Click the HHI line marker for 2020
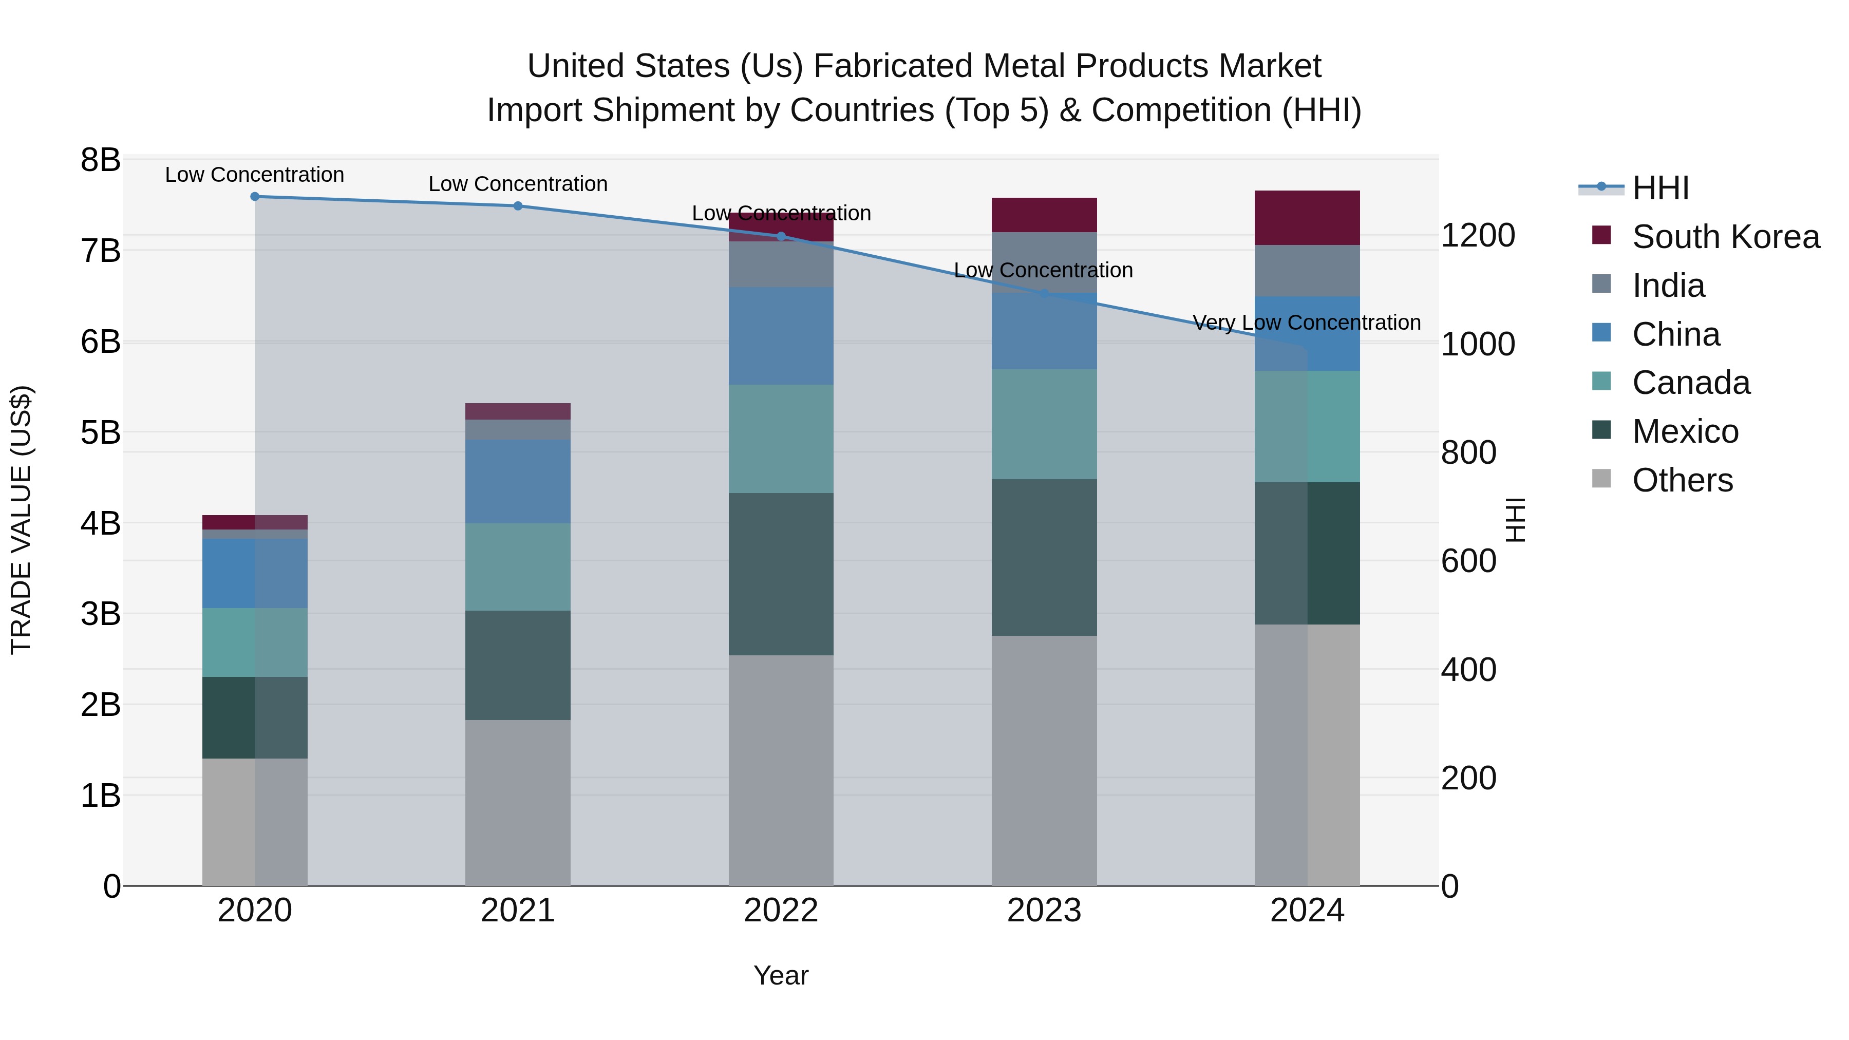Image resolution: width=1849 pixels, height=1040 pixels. point(255,196)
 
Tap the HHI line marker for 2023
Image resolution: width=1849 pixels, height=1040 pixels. point(1044,294)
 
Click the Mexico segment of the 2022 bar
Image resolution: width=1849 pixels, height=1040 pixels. point(781,574)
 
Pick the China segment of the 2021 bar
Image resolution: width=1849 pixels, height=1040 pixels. point(518,481)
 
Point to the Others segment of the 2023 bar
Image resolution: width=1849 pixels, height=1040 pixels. point(1044,760)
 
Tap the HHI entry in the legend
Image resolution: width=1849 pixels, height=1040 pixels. point(1659,188)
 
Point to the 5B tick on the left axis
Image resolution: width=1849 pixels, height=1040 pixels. point(101,433)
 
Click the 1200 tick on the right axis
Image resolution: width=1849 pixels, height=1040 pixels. point(1478,235)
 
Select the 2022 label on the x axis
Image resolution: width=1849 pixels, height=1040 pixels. point(781,910)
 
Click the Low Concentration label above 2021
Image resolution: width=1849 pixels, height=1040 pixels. point(518,184)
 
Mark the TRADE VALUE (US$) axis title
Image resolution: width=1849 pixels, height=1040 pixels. point(21,520)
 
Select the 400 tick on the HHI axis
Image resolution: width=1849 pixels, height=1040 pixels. point(1468,670)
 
